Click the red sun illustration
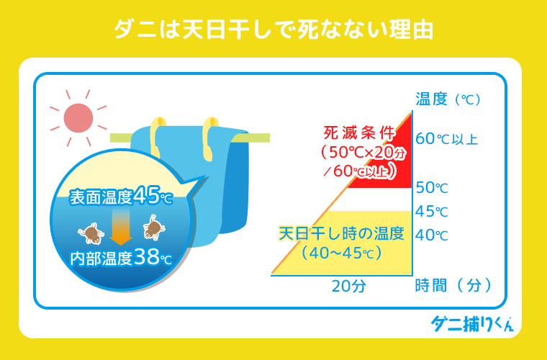coord(78,117)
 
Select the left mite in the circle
coord(91,232)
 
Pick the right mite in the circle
coord(153,228)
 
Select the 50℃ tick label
coord(432,188)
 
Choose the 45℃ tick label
coord(432,212)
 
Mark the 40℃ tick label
coord(432,235)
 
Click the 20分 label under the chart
coord(348,285)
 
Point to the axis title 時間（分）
coord(453,285)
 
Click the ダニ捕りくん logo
coord(472,325)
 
